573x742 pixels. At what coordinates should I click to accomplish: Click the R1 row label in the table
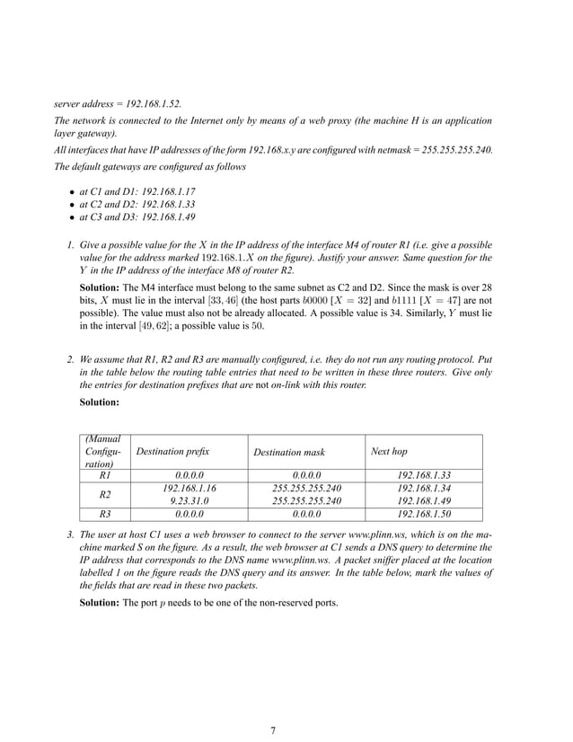pyautogui.click(x=104, y=475)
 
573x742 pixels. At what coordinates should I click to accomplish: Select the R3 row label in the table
pyautogui.click(x=104, y=514)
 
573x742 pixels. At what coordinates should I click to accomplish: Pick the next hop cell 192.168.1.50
pyautogui.click(x=423, y=514)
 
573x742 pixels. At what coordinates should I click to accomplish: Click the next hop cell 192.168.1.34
pyautogui.click(x=423, y=489)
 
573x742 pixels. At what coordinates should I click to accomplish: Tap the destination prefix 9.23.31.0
pyautogui.click(x=190, y=501)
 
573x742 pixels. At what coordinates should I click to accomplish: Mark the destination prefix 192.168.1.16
pyautogui.click(x=190, y=489)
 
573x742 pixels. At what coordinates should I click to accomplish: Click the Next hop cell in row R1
pyautogui.click(x=423, y=475)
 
